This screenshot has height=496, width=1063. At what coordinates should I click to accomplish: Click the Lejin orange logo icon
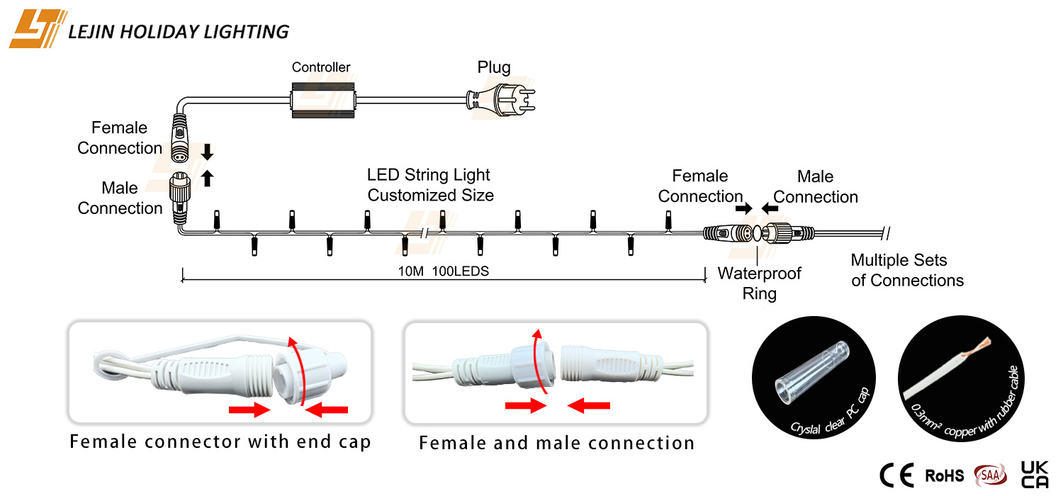pos(36,29)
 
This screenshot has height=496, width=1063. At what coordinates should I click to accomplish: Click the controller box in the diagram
pos(322,100)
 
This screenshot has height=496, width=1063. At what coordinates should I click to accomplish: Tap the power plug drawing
pos(500,100)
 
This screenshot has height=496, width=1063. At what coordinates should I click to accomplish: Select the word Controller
pos(321,67)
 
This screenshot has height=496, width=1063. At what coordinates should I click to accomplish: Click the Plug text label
pos(493,67)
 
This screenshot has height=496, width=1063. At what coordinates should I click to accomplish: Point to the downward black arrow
pos(207,152)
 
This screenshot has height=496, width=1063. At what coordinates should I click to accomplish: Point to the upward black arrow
pos(207,179)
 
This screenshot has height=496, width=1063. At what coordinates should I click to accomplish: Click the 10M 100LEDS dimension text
pos(443,271)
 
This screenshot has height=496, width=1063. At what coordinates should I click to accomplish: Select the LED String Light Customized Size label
pos(430,185)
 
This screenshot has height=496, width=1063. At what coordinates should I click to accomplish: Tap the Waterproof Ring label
pos(759,283)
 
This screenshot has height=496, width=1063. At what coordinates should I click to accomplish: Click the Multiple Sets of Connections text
pos(907,270)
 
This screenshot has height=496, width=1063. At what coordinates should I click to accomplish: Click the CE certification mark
pos(896,475)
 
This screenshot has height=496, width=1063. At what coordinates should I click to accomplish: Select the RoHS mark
pos(945,475)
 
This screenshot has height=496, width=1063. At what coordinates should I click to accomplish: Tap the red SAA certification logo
pos(990,475)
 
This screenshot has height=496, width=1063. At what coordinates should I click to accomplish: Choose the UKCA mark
pos(1035,475)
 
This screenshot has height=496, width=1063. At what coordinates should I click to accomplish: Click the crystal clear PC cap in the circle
pos(812,372)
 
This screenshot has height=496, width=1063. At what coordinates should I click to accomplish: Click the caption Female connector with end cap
pos(220,442)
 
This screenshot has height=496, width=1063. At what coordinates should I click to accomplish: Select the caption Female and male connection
pos(556,444)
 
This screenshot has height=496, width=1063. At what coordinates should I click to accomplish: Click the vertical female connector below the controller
pos(180,139)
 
